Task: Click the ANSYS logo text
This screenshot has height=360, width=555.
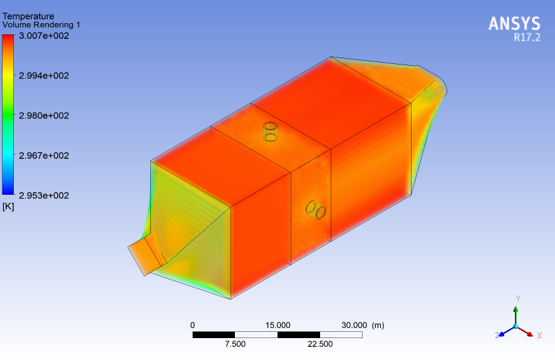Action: (x=514, y=24)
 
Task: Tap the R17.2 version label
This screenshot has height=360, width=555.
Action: (x=526, y=38)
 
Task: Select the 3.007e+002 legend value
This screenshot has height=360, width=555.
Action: (x=44, y=36)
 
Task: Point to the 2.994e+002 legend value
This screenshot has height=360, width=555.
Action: (x=44, y=76)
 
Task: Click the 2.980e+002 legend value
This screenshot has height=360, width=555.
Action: (x=44, y=115)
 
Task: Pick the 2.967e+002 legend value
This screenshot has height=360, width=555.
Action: (x=44, y=155)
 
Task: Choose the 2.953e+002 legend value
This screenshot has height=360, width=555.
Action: (x=44, y=195)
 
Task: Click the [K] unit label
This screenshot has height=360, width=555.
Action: (x=8, y=207)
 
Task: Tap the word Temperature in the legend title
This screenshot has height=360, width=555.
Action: (x=28, y=16)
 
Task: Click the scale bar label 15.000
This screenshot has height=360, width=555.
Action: (x=277, y=325)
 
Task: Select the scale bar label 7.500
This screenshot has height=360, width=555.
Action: (x=235, y=344)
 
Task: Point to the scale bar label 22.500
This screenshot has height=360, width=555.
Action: (x=320, y=344)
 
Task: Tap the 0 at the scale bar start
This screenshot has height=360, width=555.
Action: (x=192, y=325)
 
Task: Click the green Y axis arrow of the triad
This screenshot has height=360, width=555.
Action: (x=516, y=311)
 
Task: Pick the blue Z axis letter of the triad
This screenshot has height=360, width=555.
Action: (x=497, y=336)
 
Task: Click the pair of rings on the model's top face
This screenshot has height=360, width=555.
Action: (x=270, y=131)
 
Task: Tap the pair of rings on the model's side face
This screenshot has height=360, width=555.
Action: (x=315, y=210)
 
